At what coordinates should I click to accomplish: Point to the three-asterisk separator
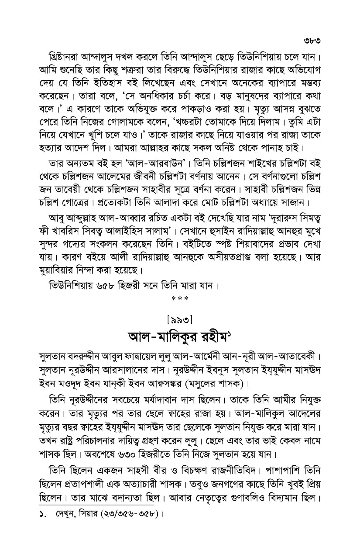[180, 299]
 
